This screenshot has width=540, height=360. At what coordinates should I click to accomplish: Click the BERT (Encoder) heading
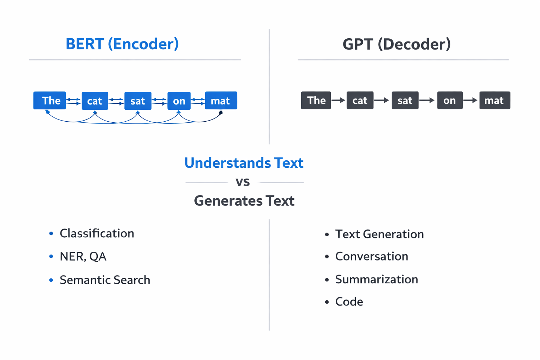click(x=122, y=44)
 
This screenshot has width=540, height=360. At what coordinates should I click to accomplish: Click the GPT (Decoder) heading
click(x=396, y=44)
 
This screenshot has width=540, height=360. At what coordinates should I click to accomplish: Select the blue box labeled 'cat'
click(x=95, y=101)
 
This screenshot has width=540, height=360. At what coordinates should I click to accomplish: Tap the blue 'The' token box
click(x=50, y=101)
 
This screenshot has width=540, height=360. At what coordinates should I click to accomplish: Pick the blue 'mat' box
click(x=221, y=101)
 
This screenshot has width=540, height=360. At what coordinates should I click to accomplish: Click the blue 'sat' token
click(x=137, y=101)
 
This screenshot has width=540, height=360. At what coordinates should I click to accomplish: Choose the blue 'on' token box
click(x=179, y=101)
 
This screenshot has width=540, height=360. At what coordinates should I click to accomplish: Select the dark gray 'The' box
click(x=316, y=101)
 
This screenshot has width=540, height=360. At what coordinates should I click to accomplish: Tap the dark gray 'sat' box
click(x=405, y=101)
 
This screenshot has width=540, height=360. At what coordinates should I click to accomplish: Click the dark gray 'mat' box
click(x=494, y=101)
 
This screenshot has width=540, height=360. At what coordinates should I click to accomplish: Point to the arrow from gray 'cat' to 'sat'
click(x=382, y=101)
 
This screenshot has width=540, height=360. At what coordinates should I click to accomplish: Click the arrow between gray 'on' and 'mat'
click(x=470, y=101)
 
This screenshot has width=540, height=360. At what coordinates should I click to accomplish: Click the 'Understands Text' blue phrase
click(x=244, y=163)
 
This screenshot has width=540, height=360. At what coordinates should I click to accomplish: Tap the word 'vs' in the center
click(x=243, y=182)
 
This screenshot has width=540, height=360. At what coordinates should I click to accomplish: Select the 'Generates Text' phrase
click(x=244, y=201)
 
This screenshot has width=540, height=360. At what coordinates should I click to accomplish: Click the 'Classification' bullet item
click(x=97, y=233)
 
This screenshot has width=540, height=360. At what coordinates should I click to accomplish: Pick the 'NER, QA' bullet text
click(x=83, y=257)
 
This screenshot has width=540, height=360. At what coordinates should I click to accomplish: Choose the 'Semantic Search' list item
click(x=105, y=280)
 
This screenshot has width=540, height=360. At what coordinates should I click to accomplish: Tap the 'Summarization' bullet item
click(x=377, y=279)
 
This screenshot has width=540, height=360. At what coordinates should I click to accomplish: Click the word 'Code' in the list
click(x=349, y=302)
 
